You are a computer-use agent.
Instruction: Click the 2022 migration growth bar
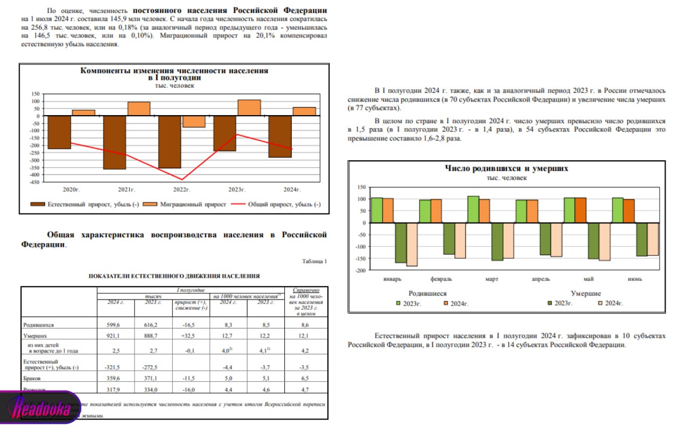pos(194,122)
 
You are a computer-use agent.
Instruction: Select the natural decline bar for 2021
pos(114,143)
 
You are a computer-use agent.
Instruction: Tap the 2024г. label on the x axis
pos(291,189)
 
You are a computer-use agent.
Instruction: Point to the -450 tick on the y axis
pos(33,182)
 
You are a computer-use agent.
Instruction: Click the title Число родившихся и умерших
pos(506,168)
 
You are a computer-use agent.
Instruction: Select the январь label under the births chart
pos(392,279)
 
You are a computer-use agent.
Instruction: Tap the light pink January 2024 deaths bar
pos(412,244)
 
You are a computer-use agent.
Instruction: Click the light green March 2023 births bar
pos(473,209)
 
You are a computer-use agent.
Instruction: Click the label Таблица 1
pos(315,261)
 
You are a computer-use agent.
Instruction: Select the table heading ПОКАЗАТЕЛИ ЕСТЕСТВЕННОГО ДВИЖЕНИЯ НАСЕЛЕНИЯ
pos(174,276)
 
